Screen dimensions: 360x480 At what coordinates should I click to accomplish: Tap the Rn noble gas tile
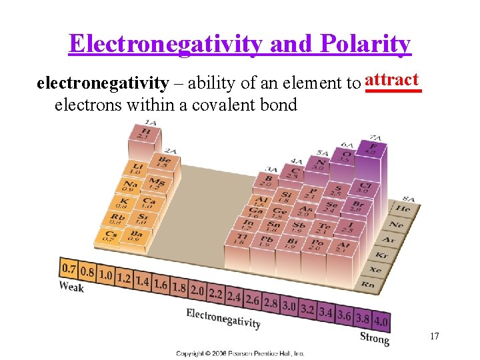point(367,285)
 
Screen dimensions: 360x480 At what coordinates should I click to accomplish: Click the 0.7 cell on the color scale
point(69,269)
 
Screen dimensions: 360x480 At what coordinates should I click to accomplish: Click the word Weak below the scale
point(71,287)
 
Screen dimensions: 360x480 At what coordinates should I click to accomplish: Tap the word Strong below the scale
point(374,338)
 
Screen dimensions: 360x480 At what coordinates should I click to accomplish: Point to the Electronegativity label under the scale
point(223,318)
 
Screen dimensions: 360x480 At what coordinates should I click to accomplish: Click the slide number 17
point(434,336)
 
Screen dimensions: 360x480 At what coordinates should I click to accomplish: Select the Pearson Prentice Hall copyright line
point(240,353)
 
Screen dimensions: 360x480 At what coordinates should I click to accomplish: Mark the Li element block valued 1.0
point(137,169)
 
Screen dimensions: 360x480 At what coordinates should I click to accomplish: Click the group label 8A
point(408,198)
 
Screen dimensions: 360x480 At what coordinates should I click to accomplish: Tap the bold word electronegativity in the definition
point(102,83)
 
